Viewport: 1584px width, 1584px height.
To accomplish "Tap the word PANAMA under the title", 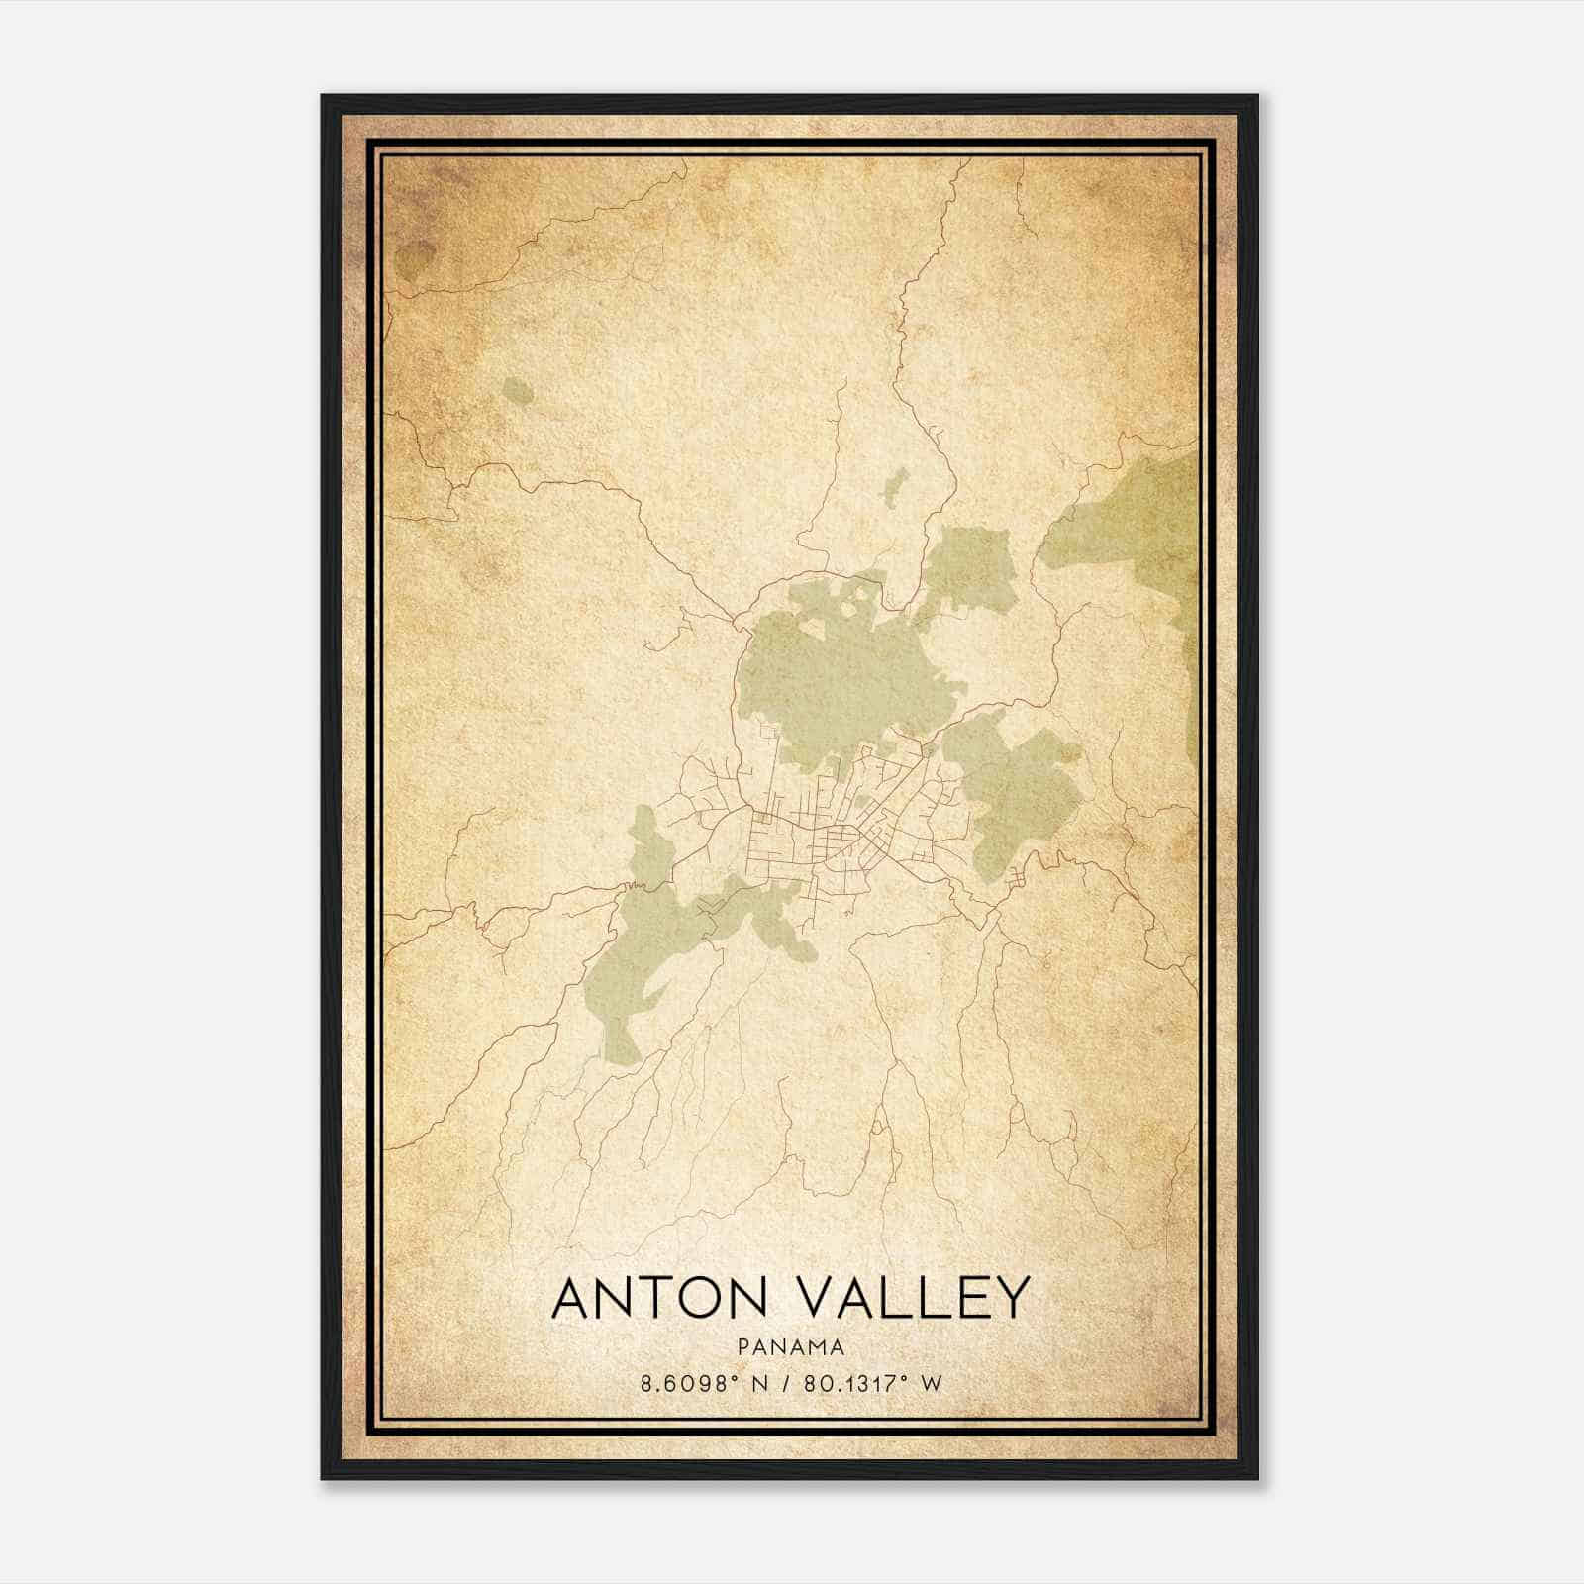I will click(790, 1347).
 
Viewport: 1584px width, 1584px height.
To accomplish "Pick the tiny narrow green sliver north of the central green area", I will click(894, 486).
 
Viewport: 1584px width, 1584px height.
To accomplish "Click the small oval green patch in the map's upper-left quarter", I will click(517, 392).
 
